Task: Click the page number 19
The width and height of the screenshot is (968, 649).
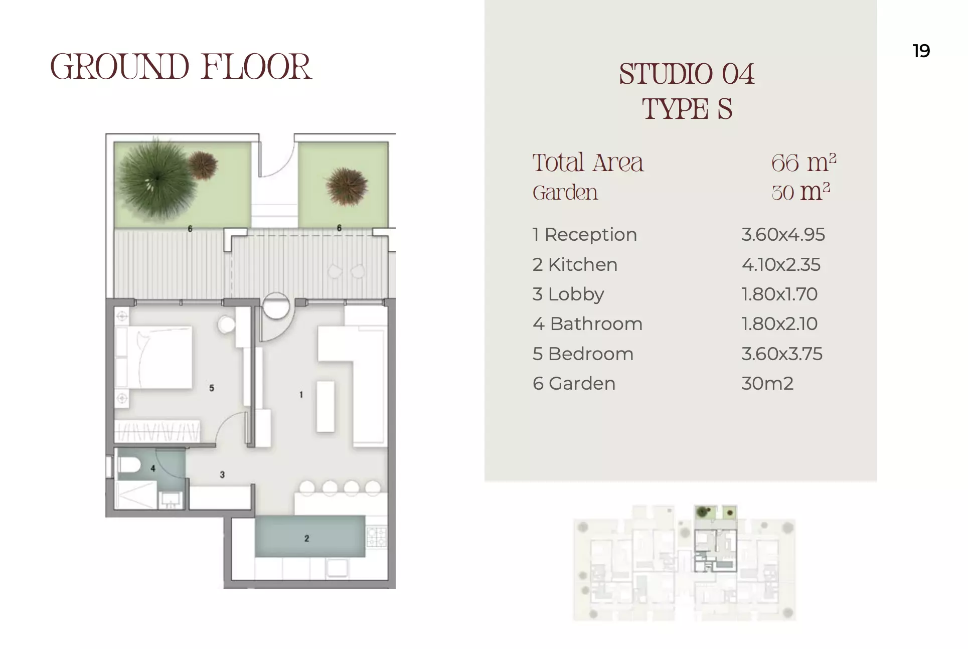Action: (921, 51)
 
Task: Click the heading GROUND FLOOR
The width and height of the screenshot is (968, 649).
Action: (181, 67)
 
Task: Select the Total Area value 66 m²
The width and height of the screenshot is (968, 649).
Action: (803, 163)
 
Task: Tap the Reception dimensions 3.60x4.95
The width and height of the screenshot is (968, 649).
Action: (783, 234)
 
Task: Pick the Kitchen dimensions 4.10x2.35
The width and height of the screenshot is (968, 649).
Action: (781, 264)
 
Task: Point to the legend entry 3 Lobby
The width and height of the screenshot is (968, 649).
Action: (568, 294)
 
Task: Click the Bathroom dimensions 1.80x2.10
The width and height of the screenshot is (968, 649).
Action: (779, 323)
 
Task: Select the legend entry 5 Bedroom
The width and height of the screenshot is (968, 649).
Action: (583, 354)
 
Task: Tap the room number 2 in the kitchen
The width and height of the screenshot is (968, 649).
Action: (306, 539)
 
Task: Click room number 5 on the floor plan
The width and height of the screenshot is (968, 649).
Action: (212, 388)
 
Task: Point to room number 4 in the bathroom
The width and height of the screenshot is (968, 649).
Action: (153, 468)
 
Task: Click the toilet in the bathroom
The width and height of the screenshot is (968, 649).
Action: (128, 465)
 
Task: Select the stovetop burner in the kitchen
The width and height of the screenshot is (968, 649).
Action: (377, 537)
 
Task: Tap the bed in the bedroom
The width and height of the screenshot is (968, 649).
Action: (153, 358)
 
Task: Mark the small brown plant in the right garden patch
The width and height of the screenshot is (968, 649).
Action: (346, 186)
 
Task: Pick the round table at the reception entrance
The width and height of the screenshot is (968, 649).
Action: (276, 305)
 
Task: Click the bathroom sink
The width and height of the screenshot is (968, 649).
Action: (171, 500)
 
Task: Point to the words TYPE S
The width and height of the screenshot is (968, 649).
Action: (687, 109)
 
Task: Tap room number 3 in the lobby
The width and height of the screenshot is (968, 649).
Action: (222, 474)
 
